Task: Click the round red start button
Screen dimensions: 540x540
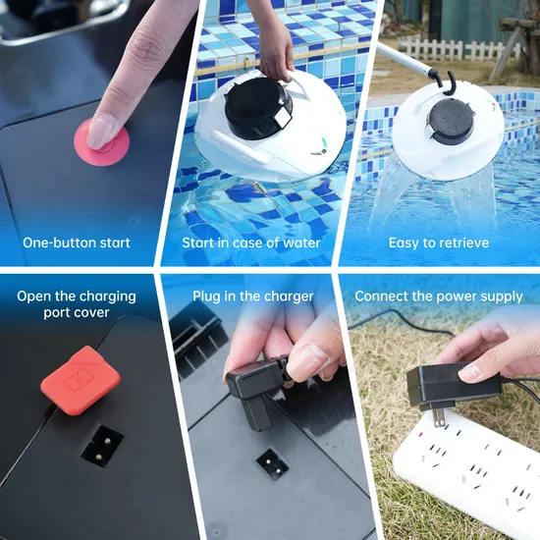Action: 102,142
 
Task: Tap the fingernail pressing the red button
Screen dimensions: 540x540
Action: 99,132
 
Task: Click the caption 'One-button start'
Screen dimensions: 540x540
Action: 77,243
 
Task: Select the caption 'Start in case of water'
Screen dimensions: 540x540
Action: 251,243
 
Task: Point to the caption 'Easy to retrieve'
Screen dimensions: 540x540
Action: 439,243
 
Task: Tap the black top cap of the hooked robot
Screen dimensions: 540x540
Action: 450,121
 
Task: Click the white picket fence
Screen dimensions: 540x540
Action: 459,50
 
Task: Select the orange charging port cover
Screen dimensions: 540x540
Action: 81,380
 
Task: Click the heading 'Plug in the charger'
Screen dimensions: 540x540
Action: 252,297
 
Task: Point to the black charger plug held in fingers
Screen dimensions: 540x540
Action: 256,389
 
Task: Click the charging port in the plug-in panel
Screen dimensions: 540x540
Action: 272,463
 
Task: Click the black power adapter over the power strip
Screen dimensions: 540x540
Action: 453,385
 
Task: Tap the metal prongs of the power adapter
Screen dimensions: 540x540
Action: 439,417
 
